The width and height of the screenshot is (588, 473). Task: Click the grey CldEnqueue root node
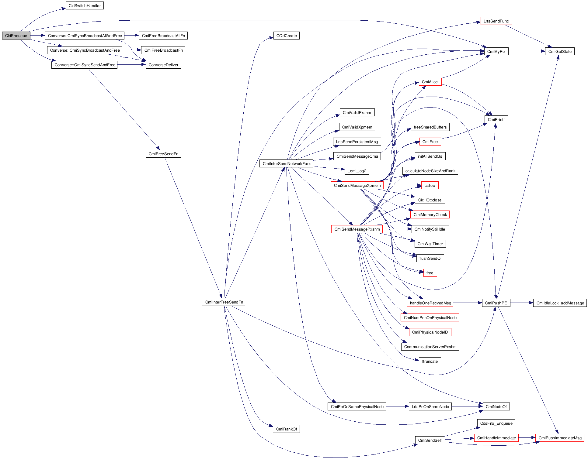coord(16,36)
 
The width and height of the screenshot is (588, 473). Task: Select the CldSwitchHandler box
coord(85,5)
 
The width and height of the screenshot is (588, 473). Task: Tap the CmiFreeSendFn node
coord(163,154)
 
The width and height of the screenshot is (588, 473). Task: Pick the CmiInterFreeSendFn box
coord(224,302)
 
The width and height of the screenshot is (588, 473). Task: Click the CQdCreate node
coord(286,36)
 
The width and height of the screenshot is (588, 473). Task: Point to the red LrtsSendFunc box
coord(496,21)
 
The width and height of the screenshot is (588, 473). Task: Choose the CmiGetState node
coord(560,51)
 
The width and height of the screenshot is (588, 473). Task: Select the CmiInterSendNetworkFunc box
coord(287,163)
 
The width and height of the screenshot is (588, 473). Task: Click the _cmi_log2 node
coord(357,171)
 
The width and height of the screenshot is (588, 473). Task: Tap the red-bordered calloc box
coord(430,185)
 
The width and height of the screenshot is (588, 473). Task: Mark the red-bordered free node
coord(430,273)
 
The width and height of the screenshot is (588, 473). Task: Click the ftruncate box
coord(430,361)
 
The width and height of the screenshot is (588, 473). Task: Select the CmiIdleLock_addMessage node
coord(560,303)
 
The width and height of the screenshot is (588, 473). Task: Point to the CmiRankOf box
coord(286,429)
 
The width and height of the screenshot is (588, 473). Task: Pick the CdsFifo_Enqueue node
coord(496,423)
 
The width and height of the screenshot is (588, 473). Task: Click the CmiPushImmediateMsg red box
coord(560,438)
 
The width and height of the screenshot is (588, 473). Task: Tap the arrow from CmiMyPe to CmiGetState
coord(527,51)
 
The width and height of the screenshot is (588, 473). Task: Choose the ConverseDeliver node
coord(163,65)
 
